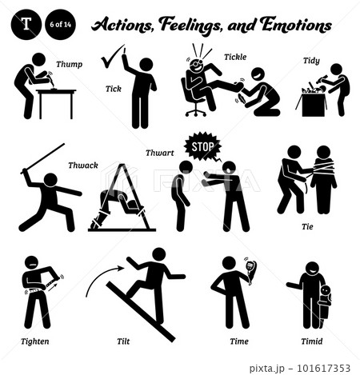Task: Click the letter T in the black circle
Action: click(x=26, y=24)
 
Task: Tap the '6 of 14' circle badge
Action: click(x=60, y=25)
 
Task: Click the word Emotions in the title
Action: click(x=296, y=25)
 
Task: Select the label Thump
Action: click(x=69, y=64)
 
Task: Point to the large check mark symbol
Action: click(x=112, y=57)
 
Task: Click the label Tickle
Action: click(x=235, y=57)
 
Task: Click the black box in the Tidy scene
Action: click(x=313, y=106)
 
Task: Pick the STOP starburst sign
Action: click(x=203, y=146)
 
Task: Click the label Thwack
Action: click(x=83, y=166)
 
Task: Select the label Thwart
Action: click(x=160, y=153)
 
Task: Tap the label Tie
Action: click(x=307, y=226)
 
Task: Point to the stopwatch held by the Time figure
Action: click(x=250, y=269)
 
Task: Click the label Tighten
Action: click(x=35, y=341)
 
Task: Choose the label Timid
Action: click(x=312, y=341)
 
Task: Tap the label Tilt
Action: click(x=123, y=341)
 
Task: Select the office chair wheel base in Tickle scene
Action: click(x=195, y=110)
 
